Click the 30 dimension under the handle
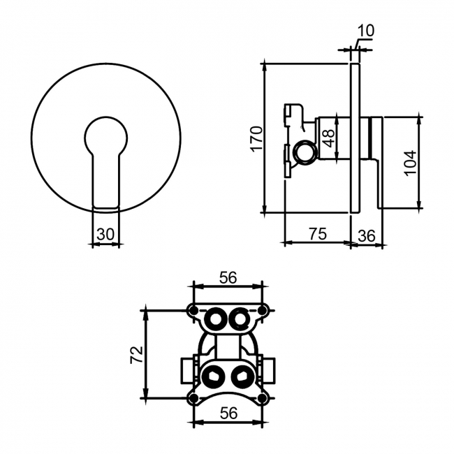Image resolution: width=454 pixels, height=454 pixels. (105, 235)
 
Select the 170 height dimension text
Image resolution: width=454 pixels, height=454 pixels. (256, 138)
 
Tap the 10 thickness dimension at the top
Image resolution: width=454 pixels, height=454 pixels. (365, 31)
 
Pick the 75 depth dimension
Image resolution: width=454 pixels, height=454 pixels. (317, 235)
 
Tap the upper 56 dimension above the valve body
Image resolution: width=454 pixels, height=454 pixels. (228, 277)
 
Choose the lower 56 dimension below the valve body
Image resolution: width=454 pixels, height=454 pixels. (228, 413)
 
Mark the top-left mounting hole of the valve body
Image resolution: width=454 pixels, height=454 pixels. (193, 310)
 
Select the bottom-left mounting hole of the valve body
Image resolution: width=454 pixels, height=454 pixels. (193, 398)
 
